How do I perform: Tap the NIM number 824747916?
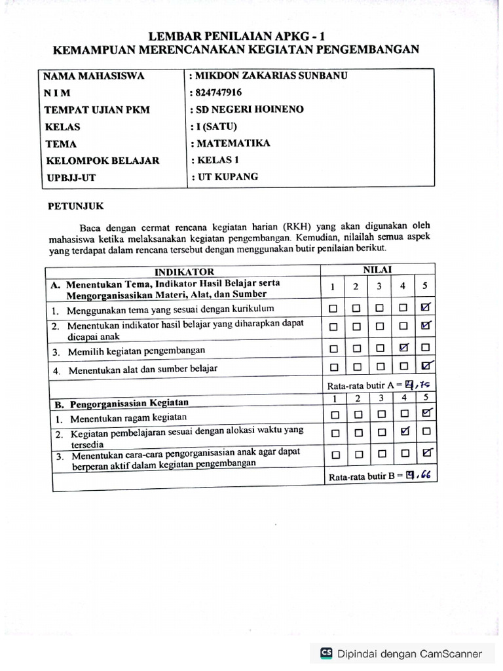[217, 93]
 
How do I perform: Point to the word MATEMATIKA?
[231, 144]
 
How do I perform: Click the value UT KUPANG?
[227, 177]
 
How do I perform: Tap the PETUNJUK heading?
[76, 206]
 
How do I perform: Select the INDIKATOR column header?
[184, 271]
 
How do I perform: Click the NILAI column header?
[377, 269]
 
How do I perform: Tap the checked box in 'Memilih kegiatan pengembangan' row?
[404, 348]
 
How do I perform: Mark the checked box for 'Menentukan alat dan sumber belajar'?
[426, 367]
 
